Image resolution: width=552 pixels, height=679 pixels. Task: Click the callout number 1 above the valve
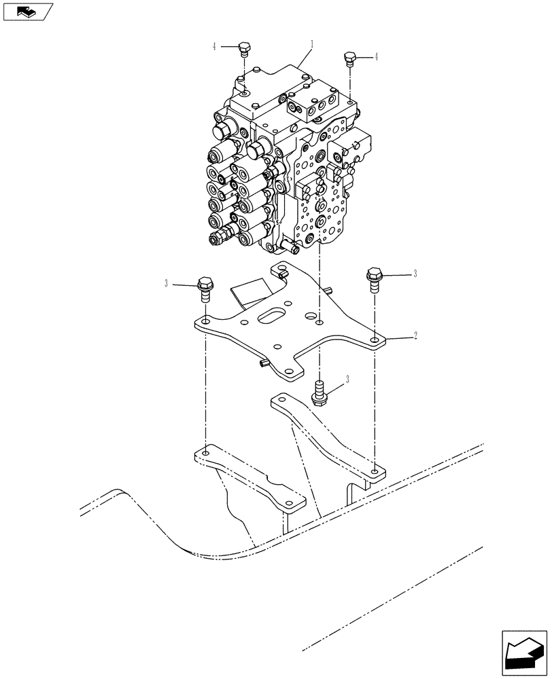point(312,45)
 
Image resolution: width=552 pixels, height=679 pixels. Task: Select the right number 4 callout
point(376,57)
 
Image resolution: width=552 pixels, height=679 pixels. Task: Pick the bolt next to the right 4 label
point(350,59)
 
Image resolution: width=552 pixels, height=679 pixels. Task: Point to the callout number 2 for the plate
point(415,336)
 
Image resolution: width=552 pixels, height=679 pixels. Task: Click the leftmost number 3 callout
point(165,284)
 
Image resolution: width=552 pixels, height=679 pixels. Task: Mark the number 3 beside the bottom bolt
point(347,381)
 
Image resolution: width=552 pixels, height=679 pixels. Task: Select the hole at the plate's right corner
point(374,340)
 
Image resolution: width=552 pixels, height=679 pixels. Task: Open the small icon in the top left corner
point(27,12)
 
